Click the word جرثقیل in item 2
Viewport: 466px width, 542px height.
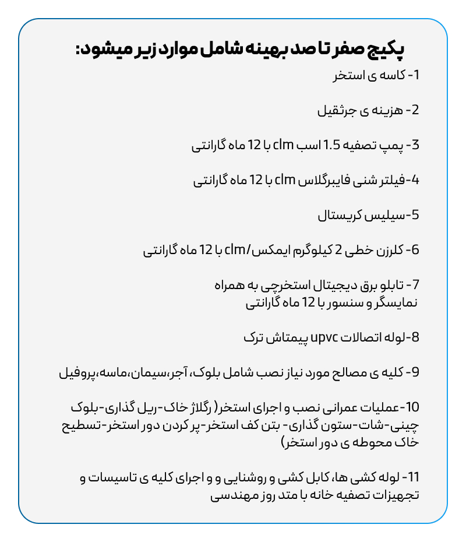336,110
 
